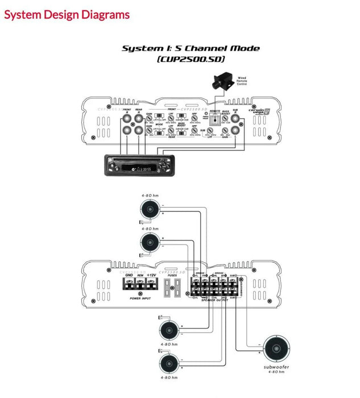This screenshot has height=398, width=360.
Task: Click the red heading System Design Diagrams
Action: tap(67, 15)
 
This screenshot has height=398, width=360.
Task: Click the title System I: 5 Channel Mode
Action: tap(191, 48)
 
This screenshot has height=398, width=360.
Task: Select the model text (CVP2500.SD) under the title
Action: tap(191, 59)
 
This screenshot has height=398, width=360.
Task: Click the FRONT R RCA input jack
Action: tap(126, 118)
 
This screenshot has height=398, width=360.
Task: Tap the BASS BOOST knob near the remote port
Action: tap(226, 119)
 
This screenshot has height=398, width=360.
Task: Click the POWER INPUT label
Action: tap(140, 297)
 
